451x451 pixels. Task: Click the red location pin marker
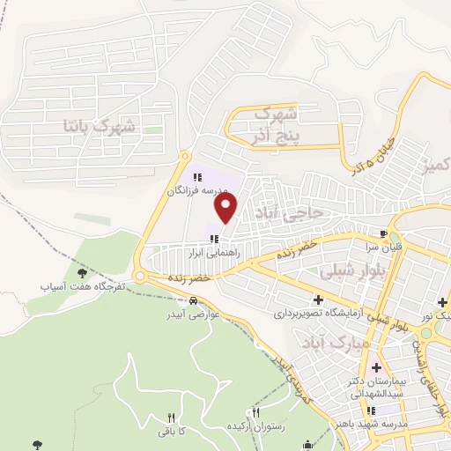[226, 209]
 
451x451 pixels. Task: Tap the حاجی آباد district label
[290, 213]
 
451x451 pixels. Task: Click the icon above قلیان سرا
[382, 234]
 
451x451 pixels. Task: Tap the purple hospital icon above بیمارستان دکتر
[377, 366]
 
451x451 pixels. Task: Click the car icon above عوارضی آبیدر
[181, 300]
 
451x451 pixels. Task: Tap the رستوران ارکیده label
[256, 426]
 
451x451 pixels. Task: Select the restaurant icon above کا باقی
[172, 418]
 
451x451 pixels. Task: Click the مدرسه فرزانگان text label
[198, 190]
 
